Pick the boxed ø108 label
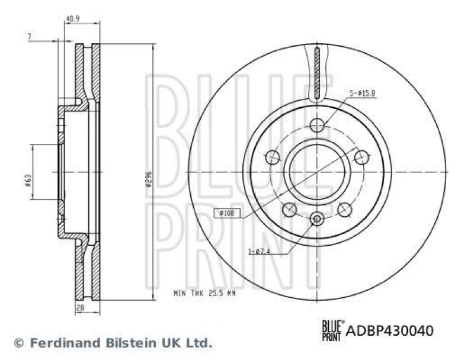[227, 212]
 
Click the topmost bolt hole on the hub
[317, 124]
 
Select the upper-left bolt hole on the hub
[272, 157]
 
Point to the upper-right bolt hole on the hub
[361, 157]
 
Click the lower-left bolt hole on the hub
[290, 209]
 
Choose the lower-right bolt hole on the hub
[344, 209]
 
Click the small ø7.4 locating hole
[317, 220]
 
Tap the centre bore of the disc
[317, 171]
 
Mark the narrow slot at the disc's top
[317, 75]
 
